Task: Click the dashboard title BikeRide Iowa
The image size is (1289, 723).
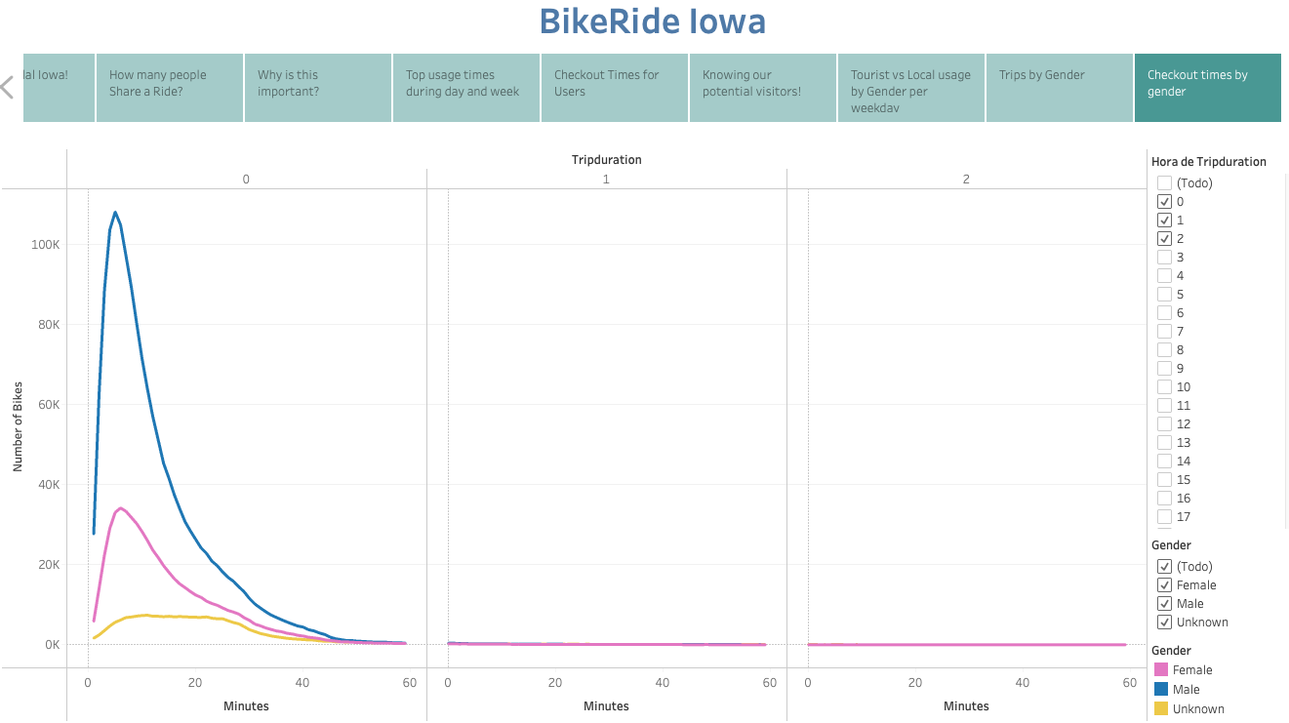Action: pyautogui.click(x=652, y=21)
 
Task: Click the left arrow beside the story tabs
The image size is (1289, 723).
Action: pyautogui.click(x=8, y=87)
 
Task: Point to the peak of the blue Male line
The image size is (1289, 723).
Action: pyautogui.click(x=115, y=212)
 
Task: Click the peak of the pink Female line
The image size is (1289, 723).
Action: pyautogui.click(x=120, y=507)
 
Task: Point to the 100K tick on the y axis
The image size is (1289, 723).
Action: pyautogui.click(x=45, y=244)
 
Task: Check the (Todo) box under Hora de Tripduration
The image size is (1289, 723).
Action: pyautogui.click(x=1164, y=183)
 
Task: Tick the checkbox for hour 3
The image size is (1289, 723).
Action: pyautogui.click(x=1164, y=258)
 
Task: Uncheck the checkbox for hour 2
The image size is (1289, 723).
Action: pyautogui.click(x=1164, y=239)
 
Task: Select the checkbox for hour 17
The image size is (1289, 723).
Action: pyautogui.click(x=1164, y=517)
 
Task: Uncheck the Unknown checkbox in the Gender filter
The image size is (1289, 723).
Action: pyautogui.click(x=1164, y=623)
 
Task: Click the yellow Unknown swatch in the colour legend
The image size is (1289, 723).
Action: pyautogui.click(x=1161, y=709)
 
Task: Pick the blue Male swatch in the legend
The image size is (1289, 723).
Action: pyautogui.click(x=1161, y=690)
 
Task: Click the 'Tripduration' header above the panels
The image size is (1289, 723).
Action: pyautogui.click(x=606, y=160)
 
